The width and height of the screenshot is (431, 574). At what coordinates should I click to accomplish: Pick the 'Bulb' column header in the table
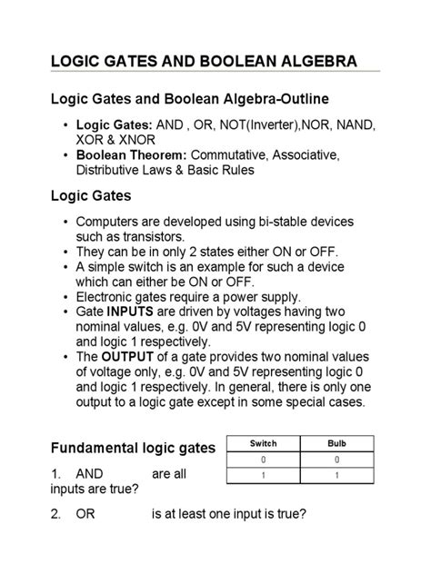click(x=336, y=443)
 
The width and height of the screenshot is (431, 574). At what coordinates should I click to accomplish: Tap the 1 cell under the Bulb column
click(x=336, y=476)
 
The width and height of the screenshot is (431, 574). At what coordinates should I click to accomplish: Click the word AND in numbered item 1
click(x=91, y=474)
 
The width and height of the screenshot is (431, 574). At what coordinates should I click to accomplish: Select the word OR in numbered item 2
click(x=86, y=515)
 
